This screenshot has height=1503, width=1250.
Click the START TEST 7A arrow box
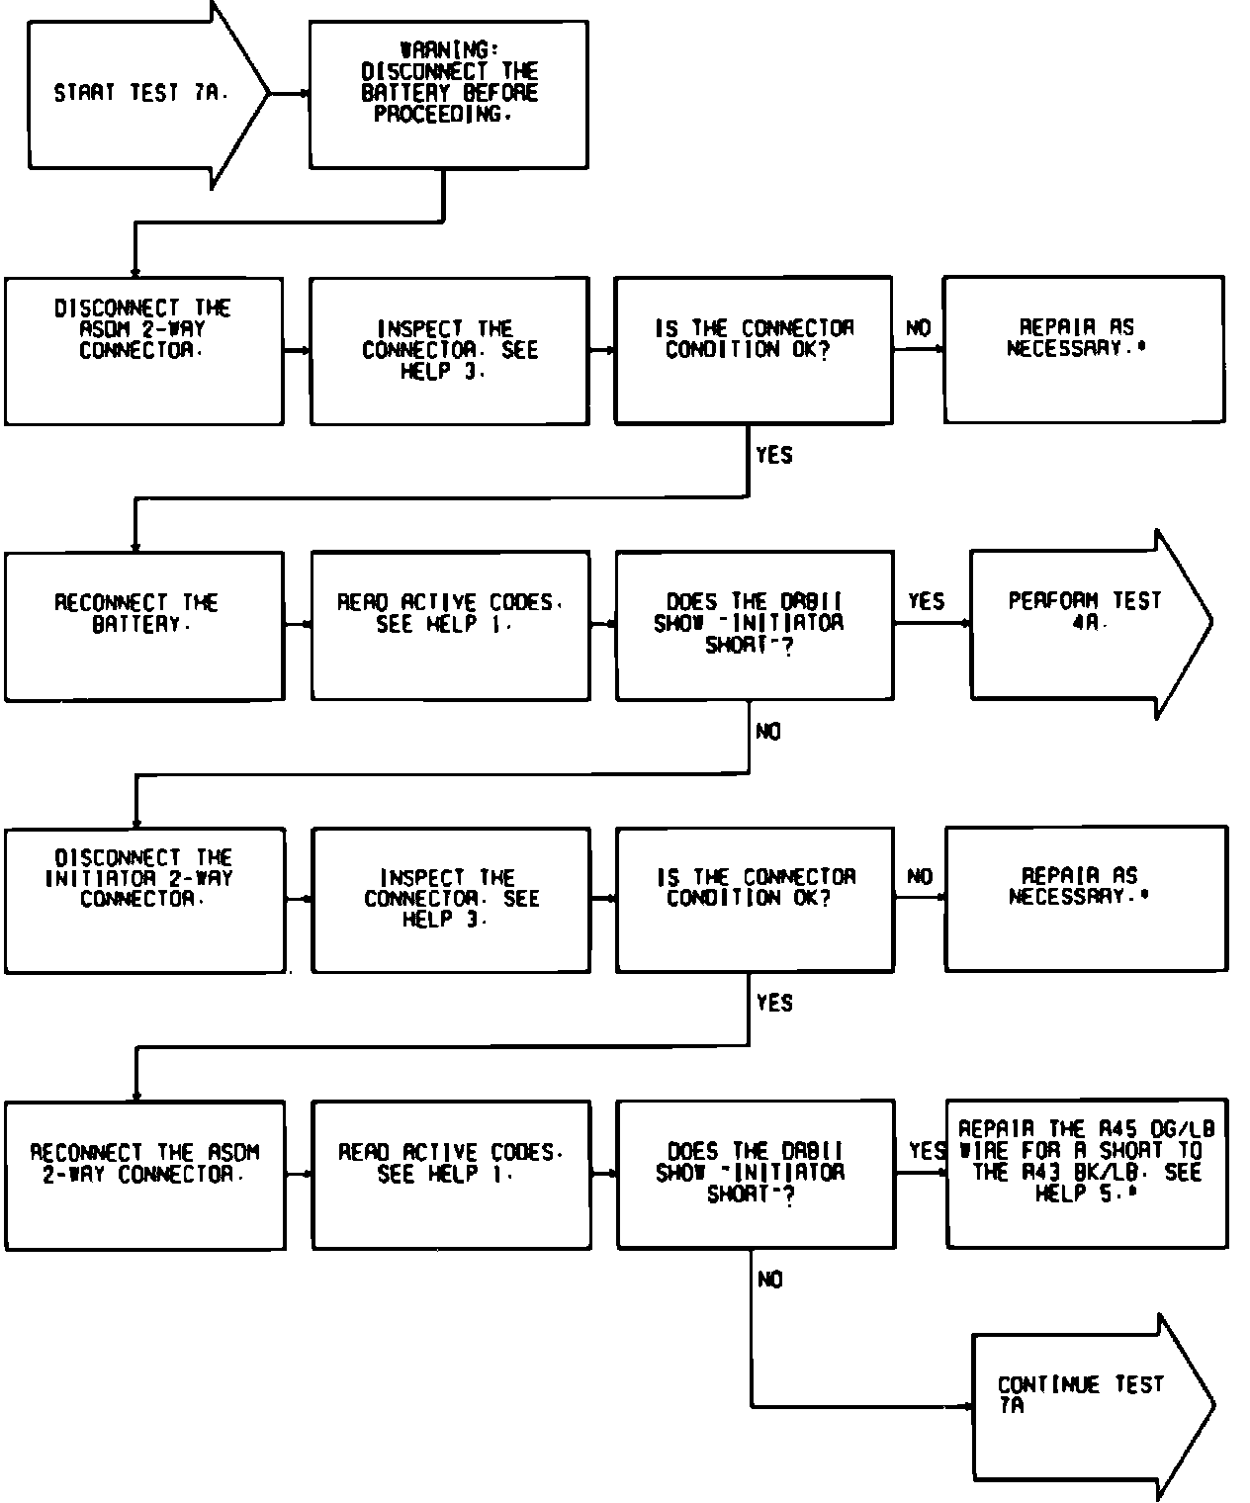click(x=138, y=94)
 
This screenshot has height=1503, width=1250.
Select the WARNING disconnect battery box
click(x=449, y=94)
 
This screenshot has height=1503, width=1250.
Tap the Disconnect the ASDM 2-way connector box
click(x=143, y=351)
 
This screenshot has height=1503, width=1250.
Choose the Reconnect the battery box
click(x=143, y=626)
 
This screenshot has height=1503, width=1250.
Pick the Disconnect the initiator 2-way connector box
click(x=144, y=900)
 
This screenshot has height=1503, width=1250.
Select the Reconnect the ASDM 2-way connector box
click(x=144, y=1175)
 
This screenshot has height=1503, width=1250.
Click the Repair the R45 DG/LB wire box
click(x=1086, y=1173)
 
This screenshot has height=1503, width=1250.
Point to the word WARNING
click(x=449, y=49)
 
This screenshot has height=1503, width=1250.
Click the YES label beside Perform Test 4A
click(x=926, y=601)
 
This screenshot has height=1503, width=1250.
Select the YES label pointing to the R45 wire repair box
click(x=927, y=1150)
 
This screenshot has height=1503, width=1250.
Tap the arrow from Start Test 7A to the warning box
click(x=290, y=94)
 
